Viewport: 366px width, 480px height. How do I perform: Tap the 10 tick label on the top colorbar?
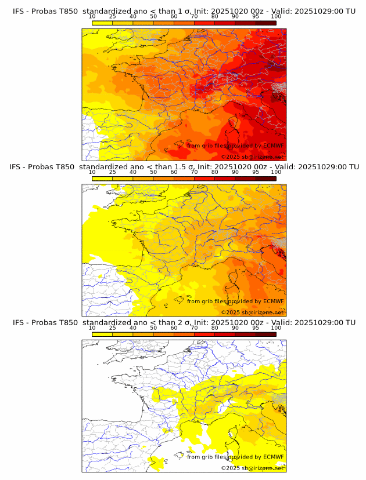(x=92, y=16)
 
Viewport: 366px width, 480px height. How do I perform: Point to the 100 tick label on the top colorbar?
(x=276, y=16)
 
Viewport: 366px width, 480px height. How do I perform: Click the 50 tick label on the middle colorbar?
(x=153, y=172)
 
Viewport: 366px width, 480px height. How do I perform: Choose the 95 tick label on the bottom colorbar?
(x=256, y=328)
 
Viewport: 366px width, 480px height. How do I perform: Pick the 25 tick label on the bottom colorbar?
(x=113, y=328)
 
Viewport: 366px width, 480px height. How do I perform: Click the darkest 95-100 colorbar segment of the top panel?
(x=265, y=23)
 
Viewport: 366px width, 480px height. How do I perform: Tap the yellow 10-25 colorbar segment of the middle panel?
(x=102, y=179)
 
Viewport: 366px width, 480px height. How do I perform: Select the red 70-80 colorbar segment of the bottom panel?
(x=204, y=334)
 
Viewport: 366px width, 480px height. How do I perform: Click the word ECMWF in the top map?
(x=273, y=146)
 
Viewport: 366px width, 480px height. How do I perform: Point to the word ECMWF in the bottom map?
(x=273, y=457)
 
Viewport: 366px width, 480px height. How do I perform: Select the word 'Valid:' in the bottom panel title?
(x=282, y=322)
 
